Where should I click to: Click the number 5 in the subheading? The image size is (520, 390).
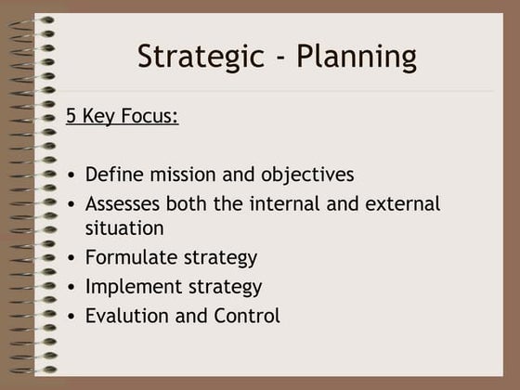71,117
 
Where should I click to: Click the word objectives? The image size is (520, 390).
306,175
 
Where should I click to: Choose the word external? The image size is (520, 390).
398,203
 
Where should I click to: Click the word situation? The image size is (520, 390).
123,227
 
